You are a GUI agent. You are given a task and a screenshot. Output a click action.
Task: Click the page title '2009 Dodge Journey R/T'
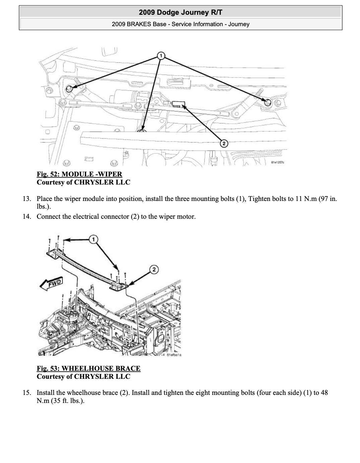[180, 13]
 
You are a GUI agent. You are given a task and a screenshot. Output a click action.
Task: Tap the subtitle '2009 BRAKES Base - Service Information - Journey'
[180, 24]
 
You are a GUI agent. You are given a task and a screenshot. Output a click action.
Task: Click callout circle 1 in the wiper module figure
[161, 55]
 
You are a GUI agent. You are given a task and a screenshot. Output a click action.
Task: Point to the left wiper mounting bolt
[69, 89]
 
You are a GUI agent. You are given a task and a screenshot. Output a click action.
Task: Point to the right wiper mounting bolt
[267, 102]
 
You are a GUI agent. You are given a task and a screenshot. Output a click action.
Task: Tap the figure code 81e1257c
[278, 163]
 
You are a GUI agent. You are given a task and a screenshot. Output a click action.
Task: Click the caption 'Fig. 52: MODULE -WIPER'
[79, 174]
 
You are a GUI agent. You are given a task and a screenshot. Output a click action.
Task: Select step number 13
[27, 199]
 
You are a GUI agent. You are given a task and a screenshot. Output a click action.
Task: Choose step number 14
[27, 216]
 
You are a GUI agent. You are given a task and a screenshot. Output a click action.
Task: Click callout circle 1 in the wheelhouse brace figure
[94, 239]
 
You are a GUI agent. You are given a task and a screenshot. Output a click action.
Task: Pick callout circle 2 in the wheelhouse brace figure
[154, 269]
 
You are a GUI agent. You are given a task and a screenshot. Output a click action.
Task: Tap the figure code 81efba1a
[174, 355]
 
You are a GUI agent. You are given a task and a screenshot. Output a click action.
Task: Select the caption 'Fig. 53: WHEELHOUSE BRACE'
[88, 368]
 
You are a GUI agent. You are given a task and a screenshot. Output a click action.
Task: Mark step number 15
[27, 393]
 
